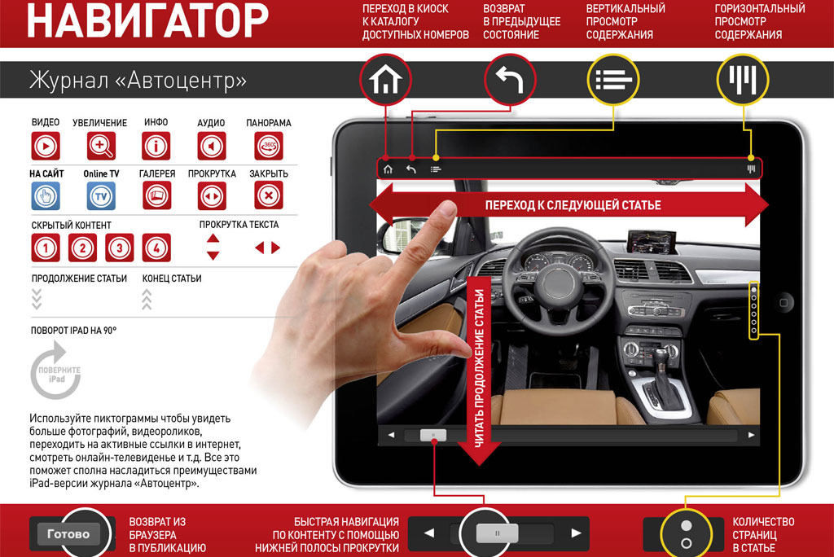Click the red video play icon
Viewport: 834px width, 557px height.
click(x=46, y=146)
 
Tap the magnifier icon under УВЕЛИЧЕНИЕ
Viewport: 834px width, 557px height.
click(x=101, y=146)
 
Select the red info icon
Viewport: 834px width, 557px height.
click(x=156, y=146)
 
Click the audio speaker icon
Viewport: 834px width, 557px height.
click(x=212, y=146)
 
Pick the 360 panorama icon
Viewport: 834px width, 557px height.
click(x=269, y=146)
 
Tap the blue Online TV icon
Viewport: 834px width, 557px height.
click(x=101, y=196)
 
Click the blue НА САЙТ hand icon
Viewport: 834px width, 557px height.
click(x=46, y=196)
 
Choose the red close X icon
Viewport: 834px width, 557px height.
click(x=269, y=195)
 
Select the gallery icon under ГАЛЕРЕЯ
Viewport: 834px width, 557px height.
click(x=156, y=195)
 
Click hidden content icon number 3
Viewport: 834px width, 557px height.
click(x=119, y=248)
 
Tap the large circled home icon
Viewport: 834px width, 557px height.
click(x=385, y=80)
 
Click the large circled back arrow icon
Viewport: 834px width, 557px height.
click(x=510, y=80)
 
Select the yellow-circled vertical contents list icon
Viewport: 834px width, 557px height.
click(x=613, y=80)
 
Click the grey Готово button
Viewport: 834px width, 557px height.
click(x=68, y=533)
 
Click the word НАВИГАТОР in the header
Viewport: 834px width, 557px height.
click(x=148, y=20)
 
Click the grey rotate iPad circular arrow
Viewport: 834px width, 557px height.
click(x=56, y=371)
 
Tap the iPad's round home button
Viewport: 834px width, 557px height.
click(x=784, y=303)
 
